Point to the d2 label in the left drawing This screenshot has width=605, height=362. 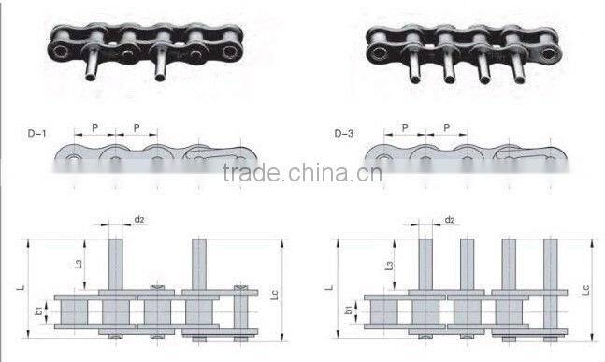[x=138, y=220]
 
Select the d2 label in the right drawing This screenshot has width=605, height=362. [x=449, y=220]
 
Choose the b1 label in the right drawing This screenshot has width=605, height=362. [x=349, y=310]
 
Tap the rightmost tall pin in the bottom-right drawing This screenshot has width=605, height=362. [x=550, y=266]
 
